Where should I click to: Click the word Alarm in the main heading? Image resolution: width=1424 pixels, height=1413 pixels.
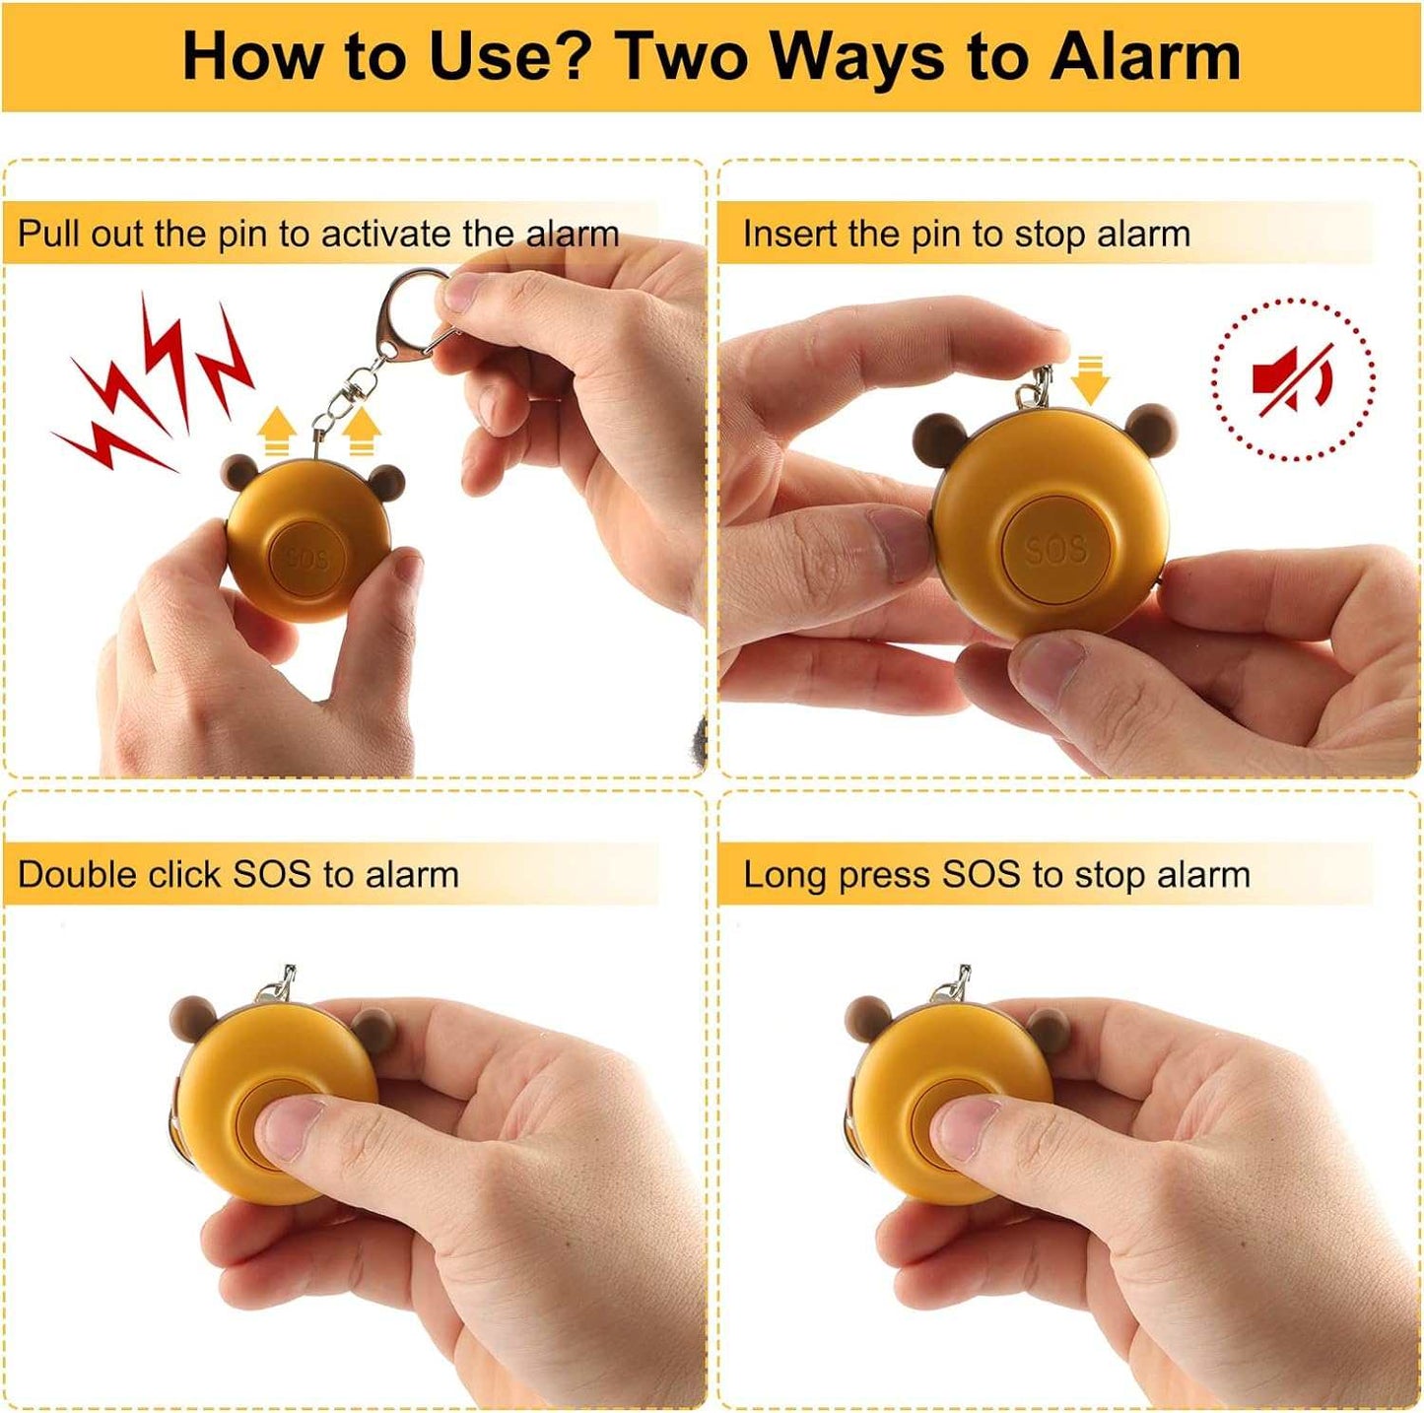pos(1145,57)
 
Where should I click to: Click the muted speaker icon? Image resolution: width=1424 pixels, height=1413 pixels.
pos(1292,379)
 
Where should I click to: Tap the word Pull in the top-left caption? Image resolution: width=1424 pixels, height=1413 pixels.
pos(43,234)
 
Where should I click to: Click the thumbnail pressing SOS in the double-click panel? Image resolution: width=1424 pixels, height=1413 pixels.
pos(293,1127)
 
